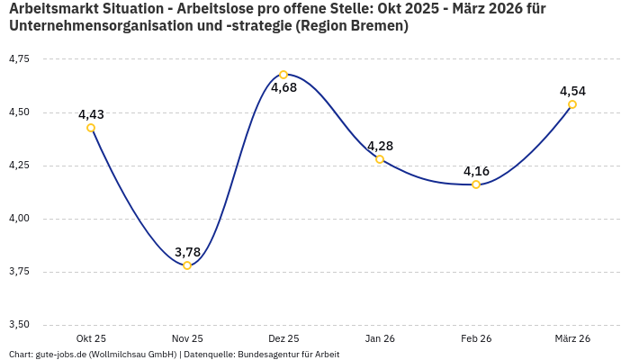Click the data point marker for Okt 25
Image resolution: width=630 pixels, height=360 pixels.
pos(91,128)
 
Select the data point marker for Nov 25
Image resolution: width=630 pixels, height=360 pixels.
pos(187,265)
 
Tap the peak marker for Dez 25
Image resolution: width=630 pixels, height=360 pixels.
pos(283,75)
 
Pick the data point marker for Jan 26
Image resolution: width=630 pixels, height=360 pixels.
pos(380,159)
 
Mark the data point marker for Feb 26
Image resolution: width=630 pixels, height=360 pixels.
pos(476,184)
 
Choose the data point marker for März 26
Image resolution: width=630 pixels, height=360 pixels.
pos(572,104)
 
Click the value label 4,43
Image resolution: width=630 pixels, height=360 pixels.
pos(91,114)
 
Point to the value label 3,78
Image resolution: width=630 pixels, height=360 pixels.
pos(187,252)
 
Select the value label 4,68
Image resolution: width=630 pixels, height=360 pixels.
pos(283,88)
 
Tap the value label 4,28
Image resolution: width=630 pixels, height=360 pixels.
pos(380,146)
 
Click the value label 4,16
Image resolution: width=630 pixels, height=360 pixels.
pos(476,171)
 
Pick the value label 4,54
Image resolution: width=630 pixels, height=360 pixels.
pos(572,91)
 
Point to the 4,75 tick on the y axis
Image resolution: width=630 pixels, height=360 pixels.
pos(18,59)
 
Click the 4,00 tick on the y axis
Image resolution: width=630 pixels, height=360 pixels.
pos(18,219)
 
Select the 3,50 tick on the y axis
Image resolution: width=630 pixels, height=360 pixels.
pos(18,325)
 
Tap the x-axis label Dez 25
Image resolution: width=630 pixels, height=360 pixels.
pos(283,338)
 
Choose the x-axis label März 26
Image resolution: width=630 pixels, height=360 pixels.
pos(572,338)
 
